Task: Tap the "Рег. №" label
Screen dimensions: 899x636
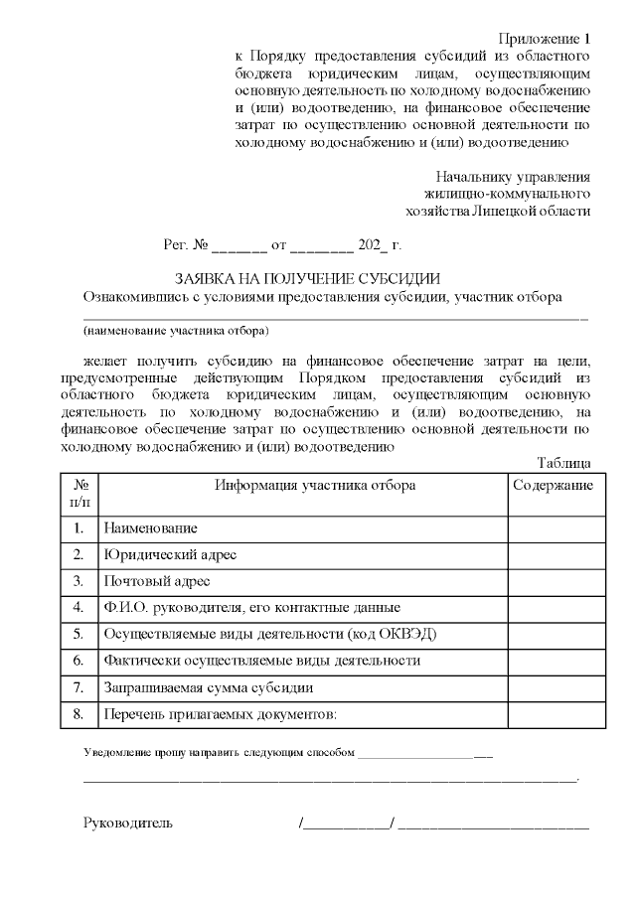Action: point(186,243)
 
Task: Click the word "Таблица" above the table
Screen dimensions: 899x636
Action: point(563,463)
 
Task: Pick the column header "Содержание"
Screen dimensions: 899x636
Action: point(554,485)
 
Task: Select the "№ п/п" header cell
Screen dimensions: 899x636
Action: point(80,493)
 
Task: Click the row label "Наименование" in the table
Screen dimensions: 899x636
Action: point(150,528)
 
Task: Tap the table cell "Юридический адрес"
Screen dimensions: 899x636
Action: point(169,554)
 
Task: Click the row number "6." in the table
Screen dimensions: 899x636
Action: point(79,660)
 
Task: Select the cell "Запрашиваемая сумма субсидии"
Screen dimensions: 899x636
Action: point(209,686)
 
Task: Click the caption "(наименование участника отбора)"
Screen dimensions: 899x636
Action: point(177,330)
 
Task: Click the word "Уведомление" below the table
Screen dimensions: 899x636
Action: point(117,754)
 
